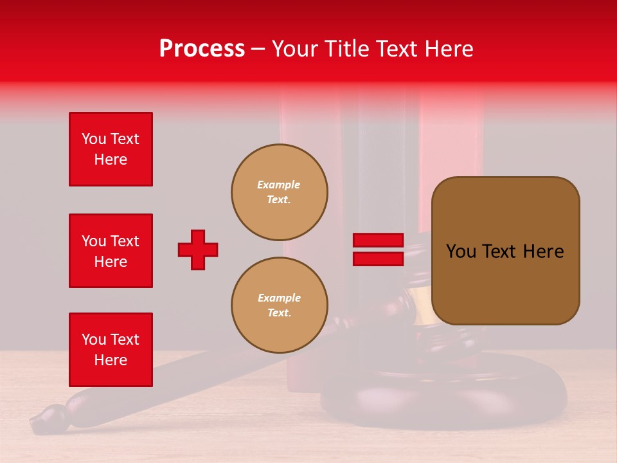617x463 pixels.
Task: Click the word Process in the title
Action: point(202,49)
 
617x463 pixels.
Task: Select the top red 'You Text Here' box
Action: point(111,149)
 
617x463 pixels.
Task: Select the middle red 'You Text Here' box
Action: point(111,251)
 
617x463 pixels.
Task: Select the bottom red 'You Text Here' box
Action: point(111,350)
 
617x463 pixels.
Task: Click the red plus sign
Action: point(198,250)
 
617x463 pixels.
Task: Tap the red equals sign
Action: point(378,250)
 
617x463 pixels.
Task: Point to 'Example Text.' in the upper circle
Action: point(279,192)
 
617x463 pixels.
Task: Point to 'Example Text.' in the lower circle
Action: point(279,305)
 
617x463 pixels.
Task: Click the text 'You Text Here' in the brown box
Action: point(505,251)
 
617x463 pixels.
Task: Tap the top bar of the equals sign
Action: point(378,241)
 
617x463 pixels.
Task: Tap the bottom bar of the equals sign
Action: point(378,259)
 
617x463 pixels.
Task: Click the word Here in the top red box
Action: point(111,159)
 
